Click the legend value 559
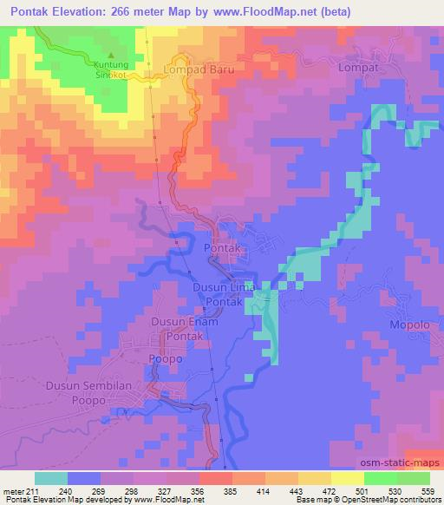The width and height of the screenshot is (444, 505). click(x=428, y=467)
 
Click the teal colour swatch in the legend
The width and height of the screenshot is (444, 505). click(x=51, y=478)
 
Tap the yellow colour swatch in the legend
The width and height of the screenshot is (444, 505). click(x=348, y=478)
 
